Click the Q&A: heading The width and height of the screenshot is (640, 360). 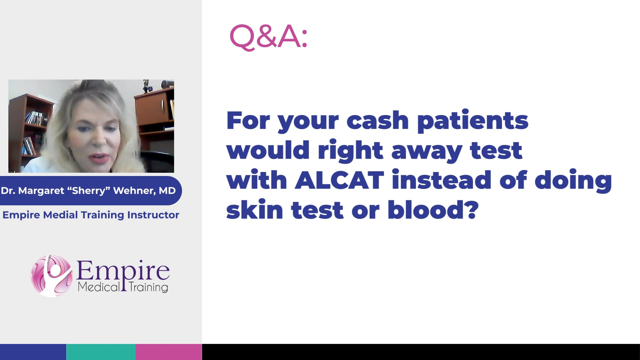(x=268, y=36)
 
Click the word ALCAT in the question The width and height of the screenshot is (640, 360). (x=339, y=180)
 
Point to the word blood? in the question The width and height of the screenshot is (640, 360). (x=433, y=210)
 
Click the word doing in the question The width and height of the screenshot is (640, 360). (x=573, y=180)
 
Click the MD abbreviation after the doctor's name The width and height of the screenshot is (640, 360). (x=167, y=191)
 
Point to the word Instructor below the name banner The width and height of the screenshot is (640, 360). (x=153, y=215)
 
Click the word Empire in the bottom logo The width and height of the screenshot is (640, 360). (x=123, y=271)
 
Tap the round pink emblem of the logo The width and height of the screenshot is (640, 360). (x=52, y=276)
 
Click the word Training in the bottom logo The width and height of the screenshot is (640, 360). (x=148, y=287)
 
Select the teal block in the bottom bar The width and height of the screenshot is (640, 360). (x=101, y=352)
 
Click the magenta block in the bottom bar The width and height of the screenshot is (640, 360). (x=169, y=352)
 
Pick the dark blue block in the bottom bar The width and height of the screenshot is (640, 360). (x=33, y=352)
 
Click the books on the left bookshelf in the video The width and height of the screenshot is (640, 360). (x=36, y=118)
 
